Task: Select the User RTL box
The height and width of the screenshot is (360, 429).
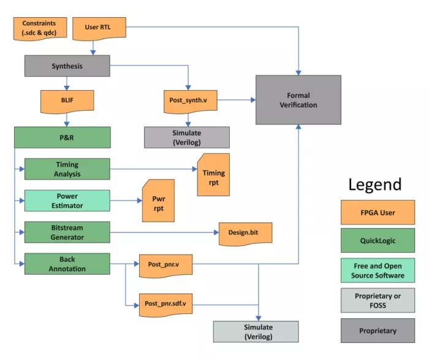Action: (100, 28)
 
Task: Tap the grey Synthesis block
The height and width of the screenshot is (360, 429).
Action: (67, 66)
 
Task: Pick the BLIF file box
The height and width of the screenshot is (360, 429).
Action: (67, 101)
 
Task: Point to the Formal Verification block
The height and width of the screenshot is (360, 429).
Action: (298, 100)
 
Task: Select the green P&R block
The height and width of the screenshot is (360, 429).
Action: (63, 137)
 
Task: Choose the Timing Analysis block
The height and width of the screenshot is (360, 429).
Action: (67, 169)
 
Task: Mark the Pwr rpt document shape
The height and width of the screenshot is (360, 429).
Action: (158, 200)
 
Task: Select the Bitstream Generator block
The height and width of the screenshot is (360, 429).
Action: (67, 232)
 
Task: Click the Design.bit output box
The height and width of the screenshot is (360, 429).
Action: (245, 233)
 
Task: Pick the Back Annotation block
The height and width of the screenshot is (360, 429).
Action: (67, 264)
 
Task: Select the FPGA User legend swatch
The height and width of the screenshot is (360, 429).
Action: (378, 213)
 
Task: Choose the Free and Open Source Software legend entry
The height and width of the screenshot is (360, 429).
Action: (378, 270)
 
